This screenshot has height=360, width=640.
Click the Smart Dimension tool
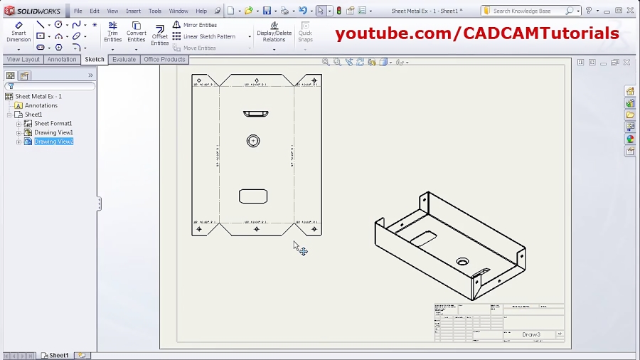point(18,31)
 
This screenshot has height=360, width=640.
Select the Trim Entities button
point(112,31)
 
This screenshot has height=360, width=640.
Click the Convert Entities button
point(136,31)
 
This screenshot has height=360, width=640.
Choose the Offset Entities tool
point(159,35)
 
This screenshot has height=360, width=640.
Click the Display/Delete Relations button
point(274,32)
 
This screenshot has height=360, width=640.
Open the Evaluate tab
point(124,60)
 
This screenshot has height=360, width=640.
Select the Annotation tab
point(62,60)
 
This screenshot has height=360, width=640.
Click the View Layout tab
point(23,60)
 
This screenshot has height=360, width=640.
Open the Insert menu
point(133,11)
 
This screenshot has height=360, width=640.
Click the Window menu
point(178,11)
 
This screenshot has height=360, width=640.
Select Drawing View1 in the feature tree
point(53,132)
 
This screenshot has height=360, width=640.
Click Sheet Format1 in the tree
point(53,123)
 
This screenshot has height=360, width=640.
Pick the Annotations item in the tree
point(41,105)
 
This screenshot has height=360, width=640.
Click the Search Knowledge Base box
point(526,11)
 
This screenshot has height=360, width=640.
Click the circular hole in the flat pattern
point(253,141)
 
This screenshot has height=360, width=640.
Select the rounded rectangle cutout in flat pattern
point(253,196)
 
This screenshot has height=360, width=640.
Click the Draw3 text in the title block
point(531,334)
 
